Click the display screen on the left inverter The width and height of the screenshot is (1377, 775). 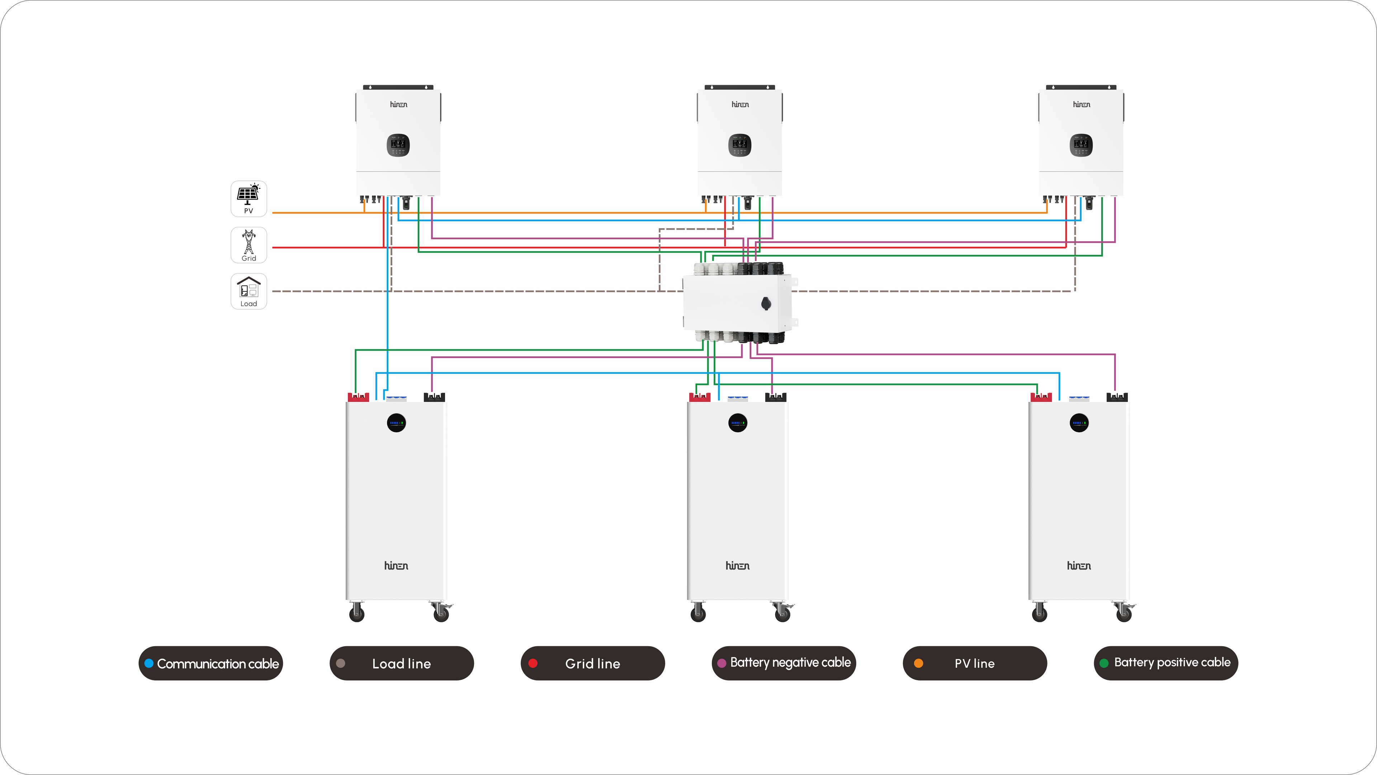pyautogui.click(x=398, y=145)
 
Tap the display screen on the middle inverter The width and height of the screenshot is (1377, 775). pyautogui.click(x=740, y=145)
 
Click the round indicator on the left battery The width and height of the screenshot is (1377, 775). pyautogui.click(x=396, y=423)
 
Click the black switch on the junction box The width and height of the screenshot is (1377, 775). pyautogui.click(x=766, y=304)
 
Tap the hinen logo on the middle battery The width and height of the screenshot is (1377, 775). pyautogui.click(x=738, y=565)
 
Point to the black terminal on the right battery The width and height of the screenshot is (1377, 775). pyautogui.click(x=1117, y=397)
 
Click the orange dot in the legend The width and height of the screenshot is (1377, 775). pyautogui.click(x=918, y=663)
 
